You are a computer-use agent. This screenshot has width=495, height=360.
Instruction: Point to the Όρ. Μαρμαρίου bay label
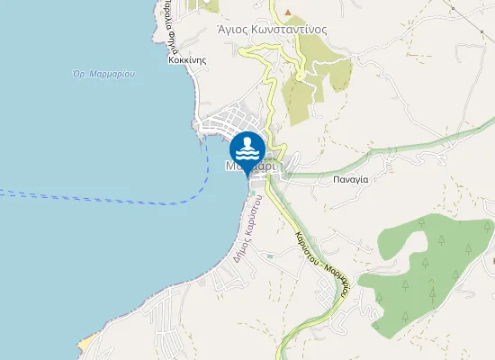click(x=103, y=74)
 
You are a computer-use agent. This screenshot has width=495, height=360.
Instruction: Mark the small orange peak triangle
click(x=288, y=12)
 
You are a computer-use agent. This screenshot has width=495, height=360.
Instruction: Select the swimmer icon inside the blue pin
click(x=247, y=146)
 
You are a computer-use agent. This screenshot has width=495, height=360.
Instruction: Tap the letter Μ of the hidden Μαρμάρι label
click(x=231, y=166)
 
